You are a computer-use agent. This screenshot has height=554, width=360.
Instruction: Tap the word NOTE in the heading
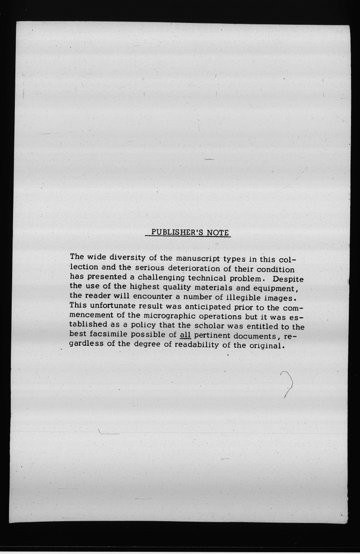pyautogui.click(x=218, y=232)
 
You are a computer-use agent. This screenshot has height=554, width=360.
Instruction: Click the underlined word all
pyautogui.click(x=185, y=335)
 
